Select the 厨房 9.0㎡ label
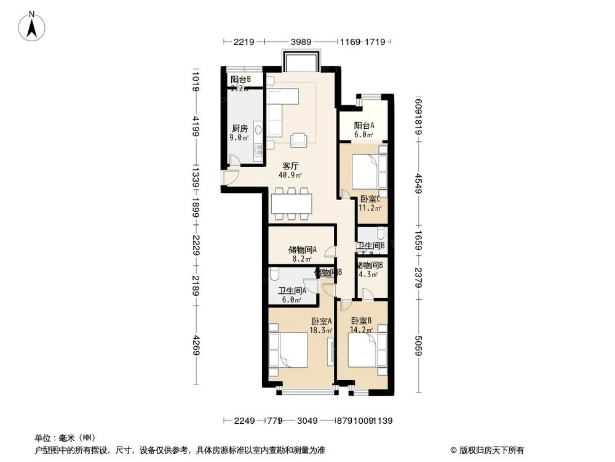click(x=240, y=133)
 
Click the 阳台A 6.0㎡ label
click(x=364, y=130)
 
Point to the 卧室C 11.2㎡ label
click(x=370, y=203)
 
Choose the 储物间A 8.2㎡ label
click(x=302, y=254)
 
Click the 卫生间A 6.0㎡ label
click(x=290, y=296)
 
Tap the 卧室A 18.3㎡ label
click(x=322, y=325)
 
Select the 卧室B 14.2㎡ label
click(x=362, y=325)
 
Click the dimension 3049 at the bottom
click(x=307, y=421)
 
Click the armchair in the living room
click(x=299, y=140)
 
